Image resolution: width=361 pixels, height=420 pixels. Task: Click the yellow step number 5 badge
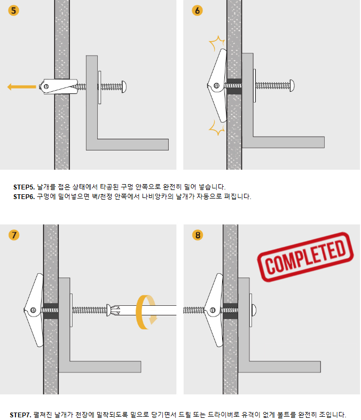[13, 11]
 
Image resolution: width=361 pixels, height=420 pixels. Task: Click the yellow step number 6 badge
[197, 11]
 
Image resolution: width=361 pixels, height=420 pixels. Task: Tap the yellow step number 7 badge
[14, 235]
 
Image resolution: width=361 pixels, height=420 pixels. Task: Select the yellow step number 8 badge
[198, 235]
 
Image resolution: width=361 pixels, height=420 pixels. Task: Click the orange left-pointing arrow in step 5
[21, 87]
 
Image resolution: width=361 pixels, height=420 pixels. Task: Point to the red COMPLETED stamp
[305, 257]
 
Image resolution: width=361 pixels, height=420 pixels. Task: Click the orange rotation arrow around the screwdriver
[146, 312]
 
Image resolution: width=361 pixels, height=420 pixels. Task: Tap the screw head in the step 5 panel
[124, 86]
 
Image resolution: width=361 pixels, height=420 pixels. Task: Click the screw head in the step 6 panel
[292, 86]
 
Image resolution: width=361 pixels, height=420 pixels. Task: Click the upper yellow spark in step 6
[216, 43]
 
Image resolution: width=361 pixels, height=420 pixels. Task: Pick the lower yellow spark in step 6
[216, 128]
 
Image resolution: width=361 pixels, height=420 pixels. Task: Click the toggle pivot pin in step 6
[216, 86]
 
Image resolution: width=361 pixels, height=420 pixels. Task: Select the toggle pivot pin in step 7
[33, 310]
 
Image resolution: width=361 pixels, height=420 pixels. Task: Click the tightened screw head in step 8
[254, 310]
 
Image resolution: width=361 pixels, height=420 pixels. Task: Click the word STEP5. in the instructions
[24, 187]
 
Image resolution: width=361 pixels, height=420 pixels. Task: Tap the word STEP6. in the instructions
[24, 196]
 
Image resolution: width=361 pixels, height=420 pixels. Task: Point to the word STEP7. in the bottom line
[20, 415]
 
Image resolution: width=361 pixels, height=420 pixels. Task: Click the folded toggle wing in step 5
[59, 86]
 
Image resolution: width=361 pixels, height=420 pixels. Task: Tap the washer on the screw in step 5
[100, 88]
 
